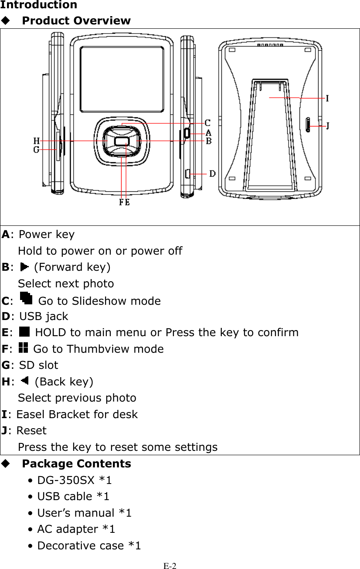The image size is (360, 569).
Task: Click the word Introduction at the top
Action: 38,5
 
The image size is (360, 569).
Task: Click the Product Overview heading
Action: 76,20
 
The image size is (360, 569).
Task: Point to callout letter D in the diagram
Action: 212,174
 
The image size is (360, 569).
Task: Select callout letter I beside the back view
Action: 327,99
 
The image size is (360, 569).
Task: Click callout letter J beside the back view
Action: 328,126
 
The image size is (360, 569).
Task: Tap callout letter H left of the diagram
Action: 37,140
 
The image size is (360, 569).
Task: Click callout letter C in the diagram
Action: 208,123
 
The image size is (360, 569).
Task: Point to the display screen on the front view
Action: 122,78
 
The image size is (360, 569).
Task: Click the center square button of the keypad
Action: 122,141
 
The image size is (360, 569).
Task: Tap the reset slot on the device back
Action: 308,125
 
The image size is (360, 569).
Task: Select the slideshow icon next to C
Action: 26,299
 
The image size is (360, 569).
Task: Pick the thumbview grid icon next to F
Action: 24,348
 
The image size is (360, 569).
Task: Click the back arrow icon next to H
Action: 24,381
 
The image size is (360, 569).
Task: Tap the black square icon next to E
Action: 24,332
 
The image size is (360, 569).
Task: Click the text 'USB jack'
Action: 44,316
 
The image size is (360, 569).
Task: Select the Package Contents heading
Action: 76,463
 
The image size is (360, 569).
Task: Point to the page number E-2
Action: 170,566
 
